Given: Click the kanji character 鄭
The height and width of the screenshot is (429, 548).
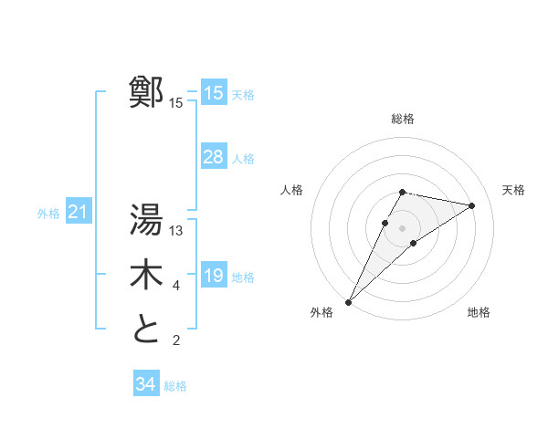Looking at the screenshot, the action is coord(146,92).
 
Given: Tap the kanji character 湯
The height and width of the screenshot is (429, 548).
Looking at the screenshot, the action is coord(146,220).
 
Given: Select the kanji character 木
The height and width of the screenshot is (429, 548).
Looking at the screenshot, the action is coord(146,275).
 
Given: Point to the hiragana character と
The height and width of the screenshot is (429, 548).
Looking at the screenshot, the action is coord(146,330).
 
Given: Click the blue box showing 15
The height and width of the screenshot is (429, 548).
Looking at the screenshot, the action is coord(214,93).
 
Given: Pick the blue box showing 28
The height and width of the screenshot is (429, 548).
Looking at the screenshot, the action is coord(214,157).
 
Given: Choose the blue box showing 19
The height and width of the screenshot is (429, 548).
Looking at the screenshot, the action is coord(214,276).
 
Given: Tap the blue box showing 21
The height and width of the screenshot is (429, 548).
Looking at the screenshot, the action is coord(79,213).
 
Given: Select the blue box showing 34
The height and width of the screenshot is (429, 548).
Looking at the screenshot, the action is coord(146,384).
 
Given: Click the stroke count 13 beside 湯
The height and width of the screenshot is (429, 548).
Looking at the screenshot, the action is coord(176,231).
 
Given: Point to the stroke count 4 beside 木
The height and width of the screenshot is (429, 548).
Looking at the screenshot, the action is coord(176,287).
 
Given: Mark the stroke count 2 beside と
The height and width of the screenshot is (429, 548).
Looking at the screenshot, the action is coord(176,341).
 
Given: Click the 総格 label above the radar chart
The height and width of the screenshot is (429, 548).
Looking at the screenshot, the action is coord(403,119).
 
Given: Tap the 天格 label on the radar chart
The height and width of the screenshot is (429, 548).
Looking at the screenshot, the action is coord(513,190).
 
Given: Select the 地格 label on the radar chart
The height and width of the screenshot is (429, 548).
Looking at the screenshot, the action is coord(479,312).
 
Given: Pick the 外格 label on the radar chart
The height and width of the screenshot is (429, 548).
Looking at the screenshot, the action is coord(321,312).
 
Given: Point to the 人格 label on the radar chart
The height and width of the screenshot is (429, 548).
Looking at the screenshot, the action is coord(291,190).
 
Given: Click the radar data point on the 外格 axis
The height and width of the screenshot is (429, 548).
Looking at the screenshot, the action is coord(349,301).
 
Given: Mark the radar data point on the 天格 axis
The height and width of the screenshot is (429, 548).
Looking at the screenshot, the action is coord(471,205).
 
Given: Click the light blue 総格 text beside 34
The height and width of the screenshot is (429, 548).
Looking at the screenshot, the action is coord(175,386).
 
